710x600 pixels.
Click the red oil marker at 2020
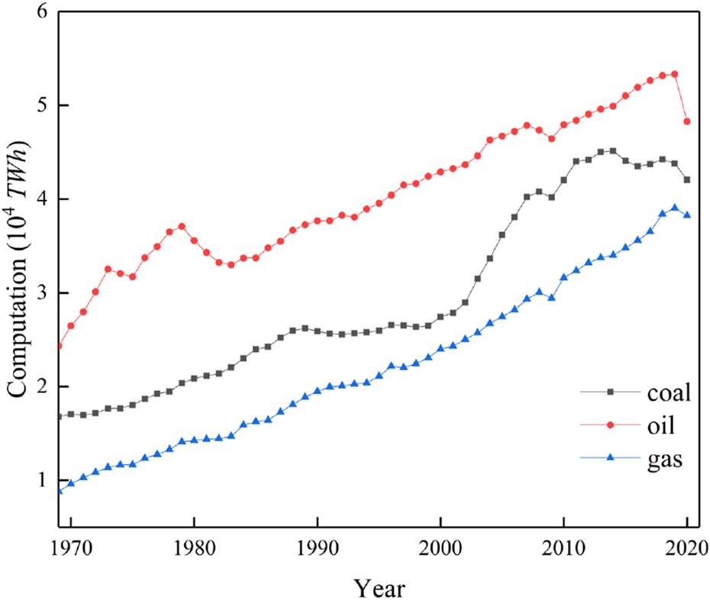(x=687, y=121)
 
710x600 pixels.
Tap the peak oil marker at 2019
(x=674, y=74)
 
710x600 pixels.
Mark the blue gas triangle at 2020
(x=687, y=215)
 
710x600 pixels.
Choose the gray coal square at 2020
(x=687, y=179)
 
